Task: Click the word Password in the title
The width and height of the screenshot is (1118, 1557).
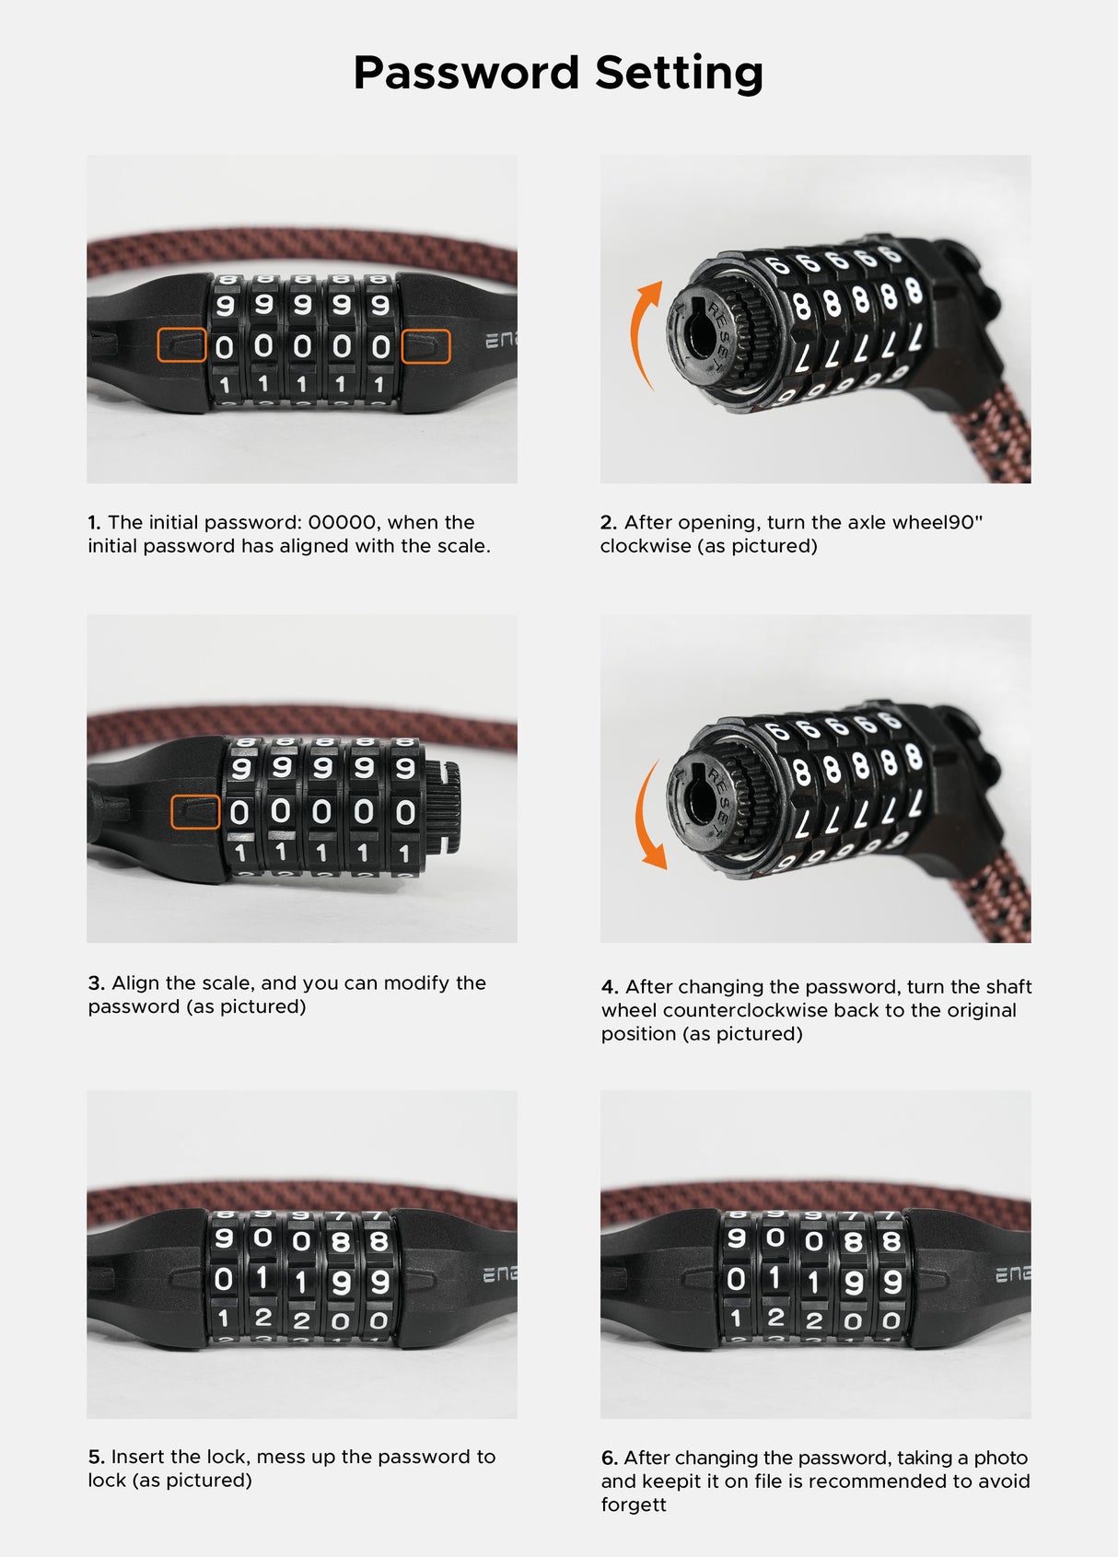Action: tap(465, 73)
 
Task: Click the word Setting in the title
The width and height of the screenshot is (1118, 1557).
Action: tap(679, 73)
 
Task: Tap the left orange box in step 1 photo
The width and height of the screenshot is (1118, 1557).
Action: tap(181, 345)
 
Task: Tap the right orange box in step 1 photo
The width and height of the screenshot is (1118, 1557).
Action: tap(425, 346)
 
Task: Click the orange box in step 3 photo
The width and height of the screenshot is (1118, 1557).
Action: tap(195, 812)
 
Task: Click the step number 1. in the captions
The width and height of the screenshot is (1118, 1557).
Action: tap(94, 523)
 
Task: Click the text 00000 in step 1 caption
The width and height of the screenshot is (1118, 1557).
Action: tap(342, 523)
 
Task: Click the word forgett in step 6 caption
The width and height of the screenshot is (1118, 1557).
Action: tap(633, 1505)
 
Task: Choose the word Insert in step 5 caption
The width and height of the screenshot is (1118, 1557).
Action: tap(138, 1457)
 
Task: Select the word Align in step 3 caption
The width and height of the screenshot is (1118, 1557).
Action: tap(136, 982)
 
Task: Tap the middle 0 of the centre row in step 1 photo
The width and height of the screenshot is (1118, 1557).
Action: tap(302, 347)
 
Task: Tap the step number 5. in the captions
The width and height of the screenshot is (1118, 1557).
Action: tap(96, 1457)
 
